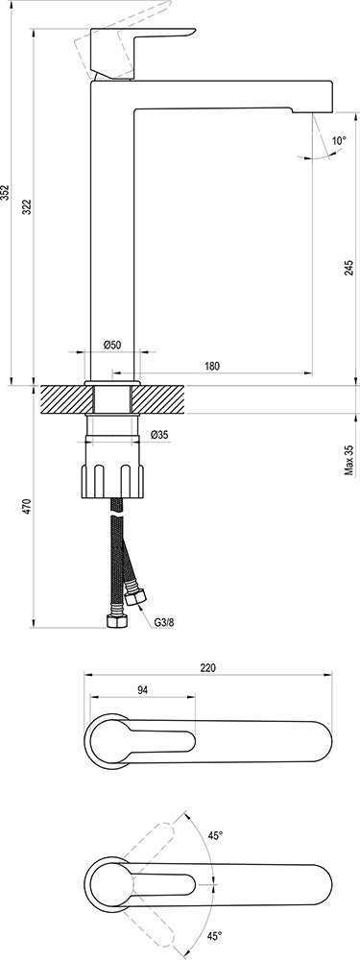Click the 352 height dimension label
coord(8,192)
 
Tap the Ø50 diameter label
coord(112,345)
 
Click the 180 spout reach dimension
coord(212,366)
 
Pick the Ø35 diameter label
coord(159,435)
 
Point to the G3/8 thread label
coord(165,621)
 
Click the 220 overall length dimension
coord(208,667)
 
